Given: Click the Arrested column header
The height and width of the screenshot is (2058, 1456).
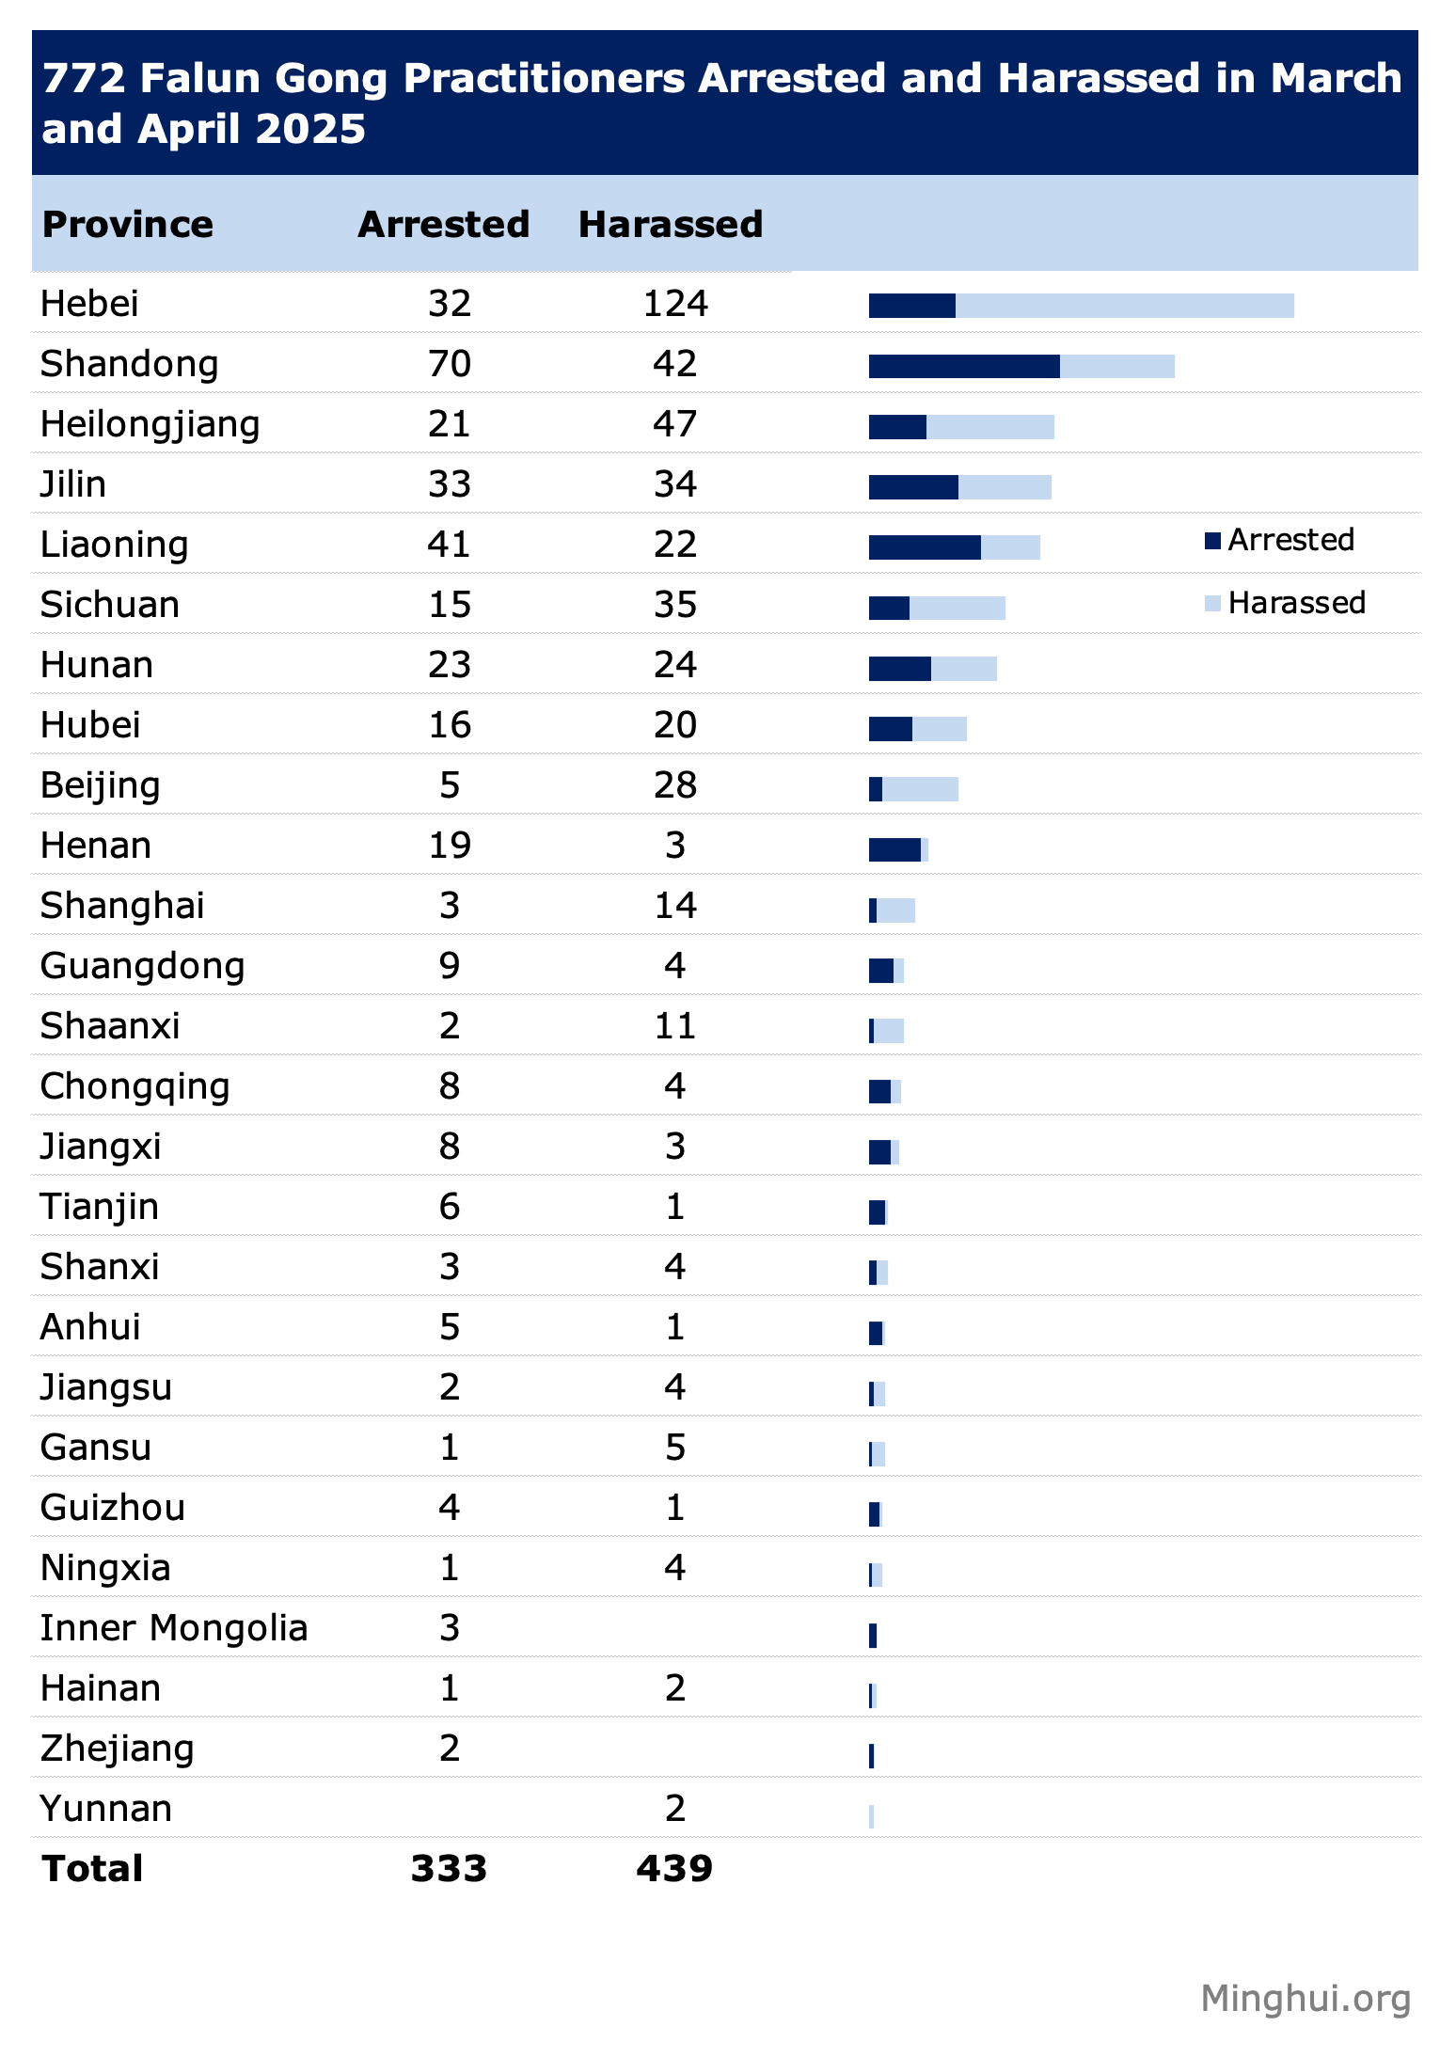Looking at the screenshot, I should coord(443,225).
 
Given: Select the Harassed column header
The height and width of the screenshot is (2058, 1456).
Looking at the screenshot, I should coord(670,225).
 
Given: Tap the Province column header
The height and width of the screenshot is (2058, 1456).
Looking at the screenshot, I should coord(128,225).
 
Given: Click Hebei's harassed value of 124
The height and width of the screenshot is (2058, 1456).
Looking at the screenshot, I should coord(674,304).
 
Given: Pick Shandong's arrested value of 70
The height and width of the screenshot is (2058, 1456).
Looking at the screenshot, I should coord(449,364).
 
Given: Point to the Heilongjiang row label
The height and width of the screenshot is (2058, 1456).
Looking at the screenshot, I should coord(150,424).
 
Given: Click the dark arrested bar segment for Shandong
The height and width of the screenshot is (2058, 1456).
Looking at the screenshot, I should coord(963,367).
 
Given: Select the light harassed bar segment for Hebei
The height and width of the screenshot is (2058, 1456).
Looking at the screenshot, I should coord(1124,306).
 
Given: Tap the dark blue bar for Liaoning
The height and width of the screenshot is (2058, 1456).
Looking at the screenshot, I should coord(924,547).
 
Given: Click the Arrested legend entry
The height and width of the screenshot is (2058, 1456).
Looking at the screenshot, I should coord(1280,540).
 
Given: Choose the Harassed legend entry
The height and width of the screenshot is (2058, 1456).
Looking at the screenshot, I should coord(1286,603).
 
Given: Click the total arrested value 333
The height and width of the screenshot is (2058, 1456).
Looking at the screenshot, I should coord(449,1869).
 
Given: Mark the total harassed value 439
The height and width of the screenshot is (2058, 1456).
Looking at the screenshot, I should coord(674,1869).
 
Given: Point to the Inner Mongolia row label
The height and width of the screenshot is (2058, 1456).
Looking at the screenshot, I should coord(174,1628).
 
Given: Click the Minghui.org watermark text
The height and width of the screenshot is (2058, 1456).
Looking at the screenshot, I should coord(1306,1999).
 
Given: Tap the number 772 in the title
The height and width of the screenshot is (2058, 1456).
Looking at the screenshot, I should coord(84,79).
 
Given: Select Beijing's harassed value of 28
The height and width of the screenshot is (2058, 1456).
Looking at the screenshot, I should coord(674,785).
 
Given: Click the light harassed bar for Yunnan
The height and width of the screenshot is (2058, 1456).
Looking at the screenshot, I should coord(872,1816).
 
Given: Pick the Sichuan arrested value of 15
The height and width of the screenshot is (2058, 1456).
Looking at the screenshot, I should coord(449,605).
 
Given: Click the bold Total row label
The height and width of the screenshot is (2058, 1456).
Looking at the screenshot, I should coord(92,1869).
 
